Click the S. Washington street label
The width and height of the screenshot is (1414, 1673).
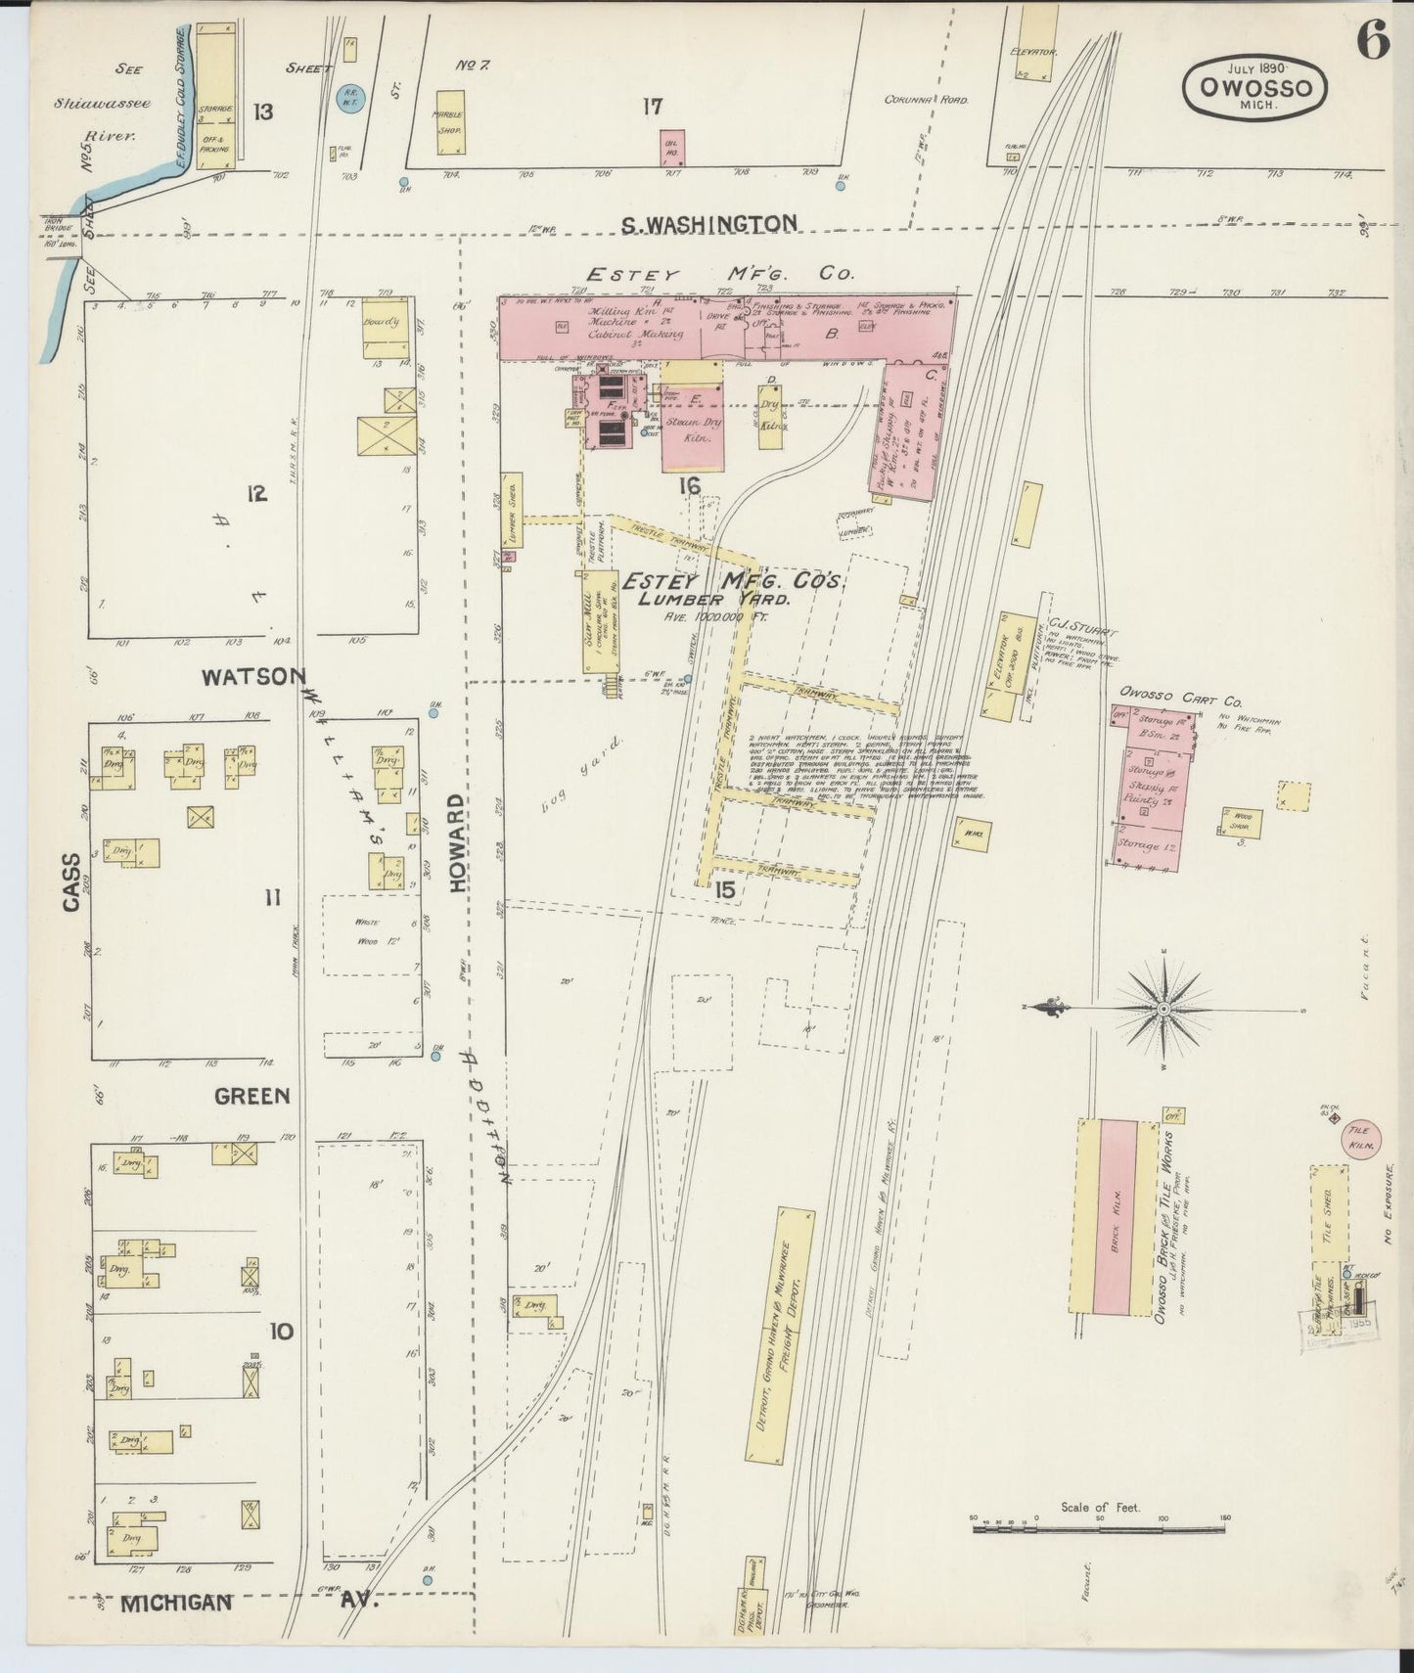710,224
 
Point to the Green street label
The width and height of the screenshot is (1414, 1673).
252,1097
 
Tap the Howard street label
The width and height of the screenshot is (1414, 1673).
457,843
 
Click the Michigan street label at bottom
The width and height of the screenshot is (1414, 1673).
177,1603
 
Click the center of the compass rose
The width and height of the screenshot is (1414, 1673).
1163,1008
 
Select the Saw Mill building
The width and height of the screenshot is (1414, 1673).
602,621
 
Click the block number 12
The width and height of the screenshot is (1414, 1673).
256,494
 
